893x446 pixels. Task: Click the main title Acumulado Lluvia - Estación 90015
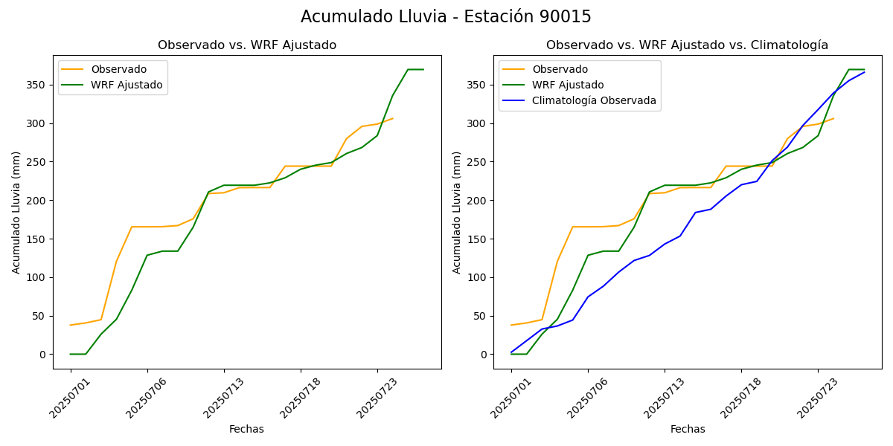click(446, 17)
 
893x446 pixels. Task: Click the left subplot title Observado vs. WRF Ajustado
click(246, 45)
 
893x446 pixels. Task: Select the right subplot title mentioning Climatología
click(687, 45)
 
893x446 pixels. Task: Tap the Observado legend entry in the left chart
click(118, 70)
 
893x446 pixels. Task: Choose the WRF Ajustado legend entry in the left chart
click(127, 85)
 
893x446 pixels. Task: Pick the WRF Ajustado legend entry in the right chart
click(568, 85)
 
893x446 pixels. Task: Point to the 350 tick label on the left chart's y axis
click(38, 85)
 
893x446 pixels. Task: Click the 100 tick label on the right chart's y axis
click(478, 277)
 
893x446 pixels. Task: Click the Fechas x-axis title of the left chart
click(246, 429)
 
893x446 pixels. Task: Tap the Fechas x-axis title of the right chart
click(688, 429)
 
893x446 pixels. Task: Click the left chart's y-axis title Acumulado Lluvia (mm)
click(16, 212)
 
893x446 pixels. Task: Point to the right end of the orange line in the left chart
click(393, 118)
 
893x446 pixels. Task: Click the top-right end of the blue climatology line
click(864, 72)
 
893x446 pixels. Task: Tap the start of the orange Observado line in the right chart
click(511, 325)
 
